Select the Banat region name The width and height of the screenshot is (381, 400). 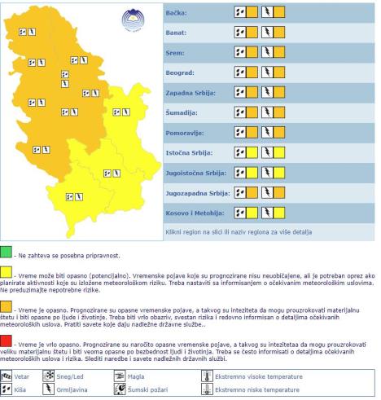pyautogui.click(x=168, y=33)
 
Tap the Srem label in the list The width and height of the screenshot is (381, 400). pyautogui.click(x=166, y=53)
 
